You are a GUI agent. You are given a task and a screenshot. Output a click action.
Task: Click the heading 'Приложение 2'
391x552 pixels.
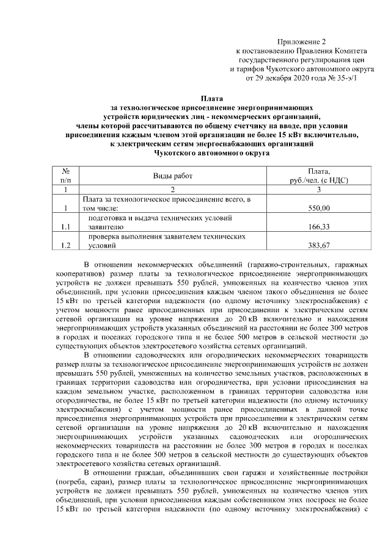(x=302, y=41)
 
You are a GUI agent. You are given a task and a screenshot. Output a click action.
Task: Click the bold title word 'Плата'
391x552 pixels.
(x=212, y=98)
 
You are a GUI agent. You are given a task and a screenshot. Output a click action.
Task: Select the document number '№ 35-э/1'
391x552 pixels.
(x=342, y=78)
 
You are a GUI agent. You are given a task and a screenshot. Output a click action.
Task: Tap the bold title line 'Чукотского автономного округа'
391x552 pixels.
(x=212, y=154)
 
